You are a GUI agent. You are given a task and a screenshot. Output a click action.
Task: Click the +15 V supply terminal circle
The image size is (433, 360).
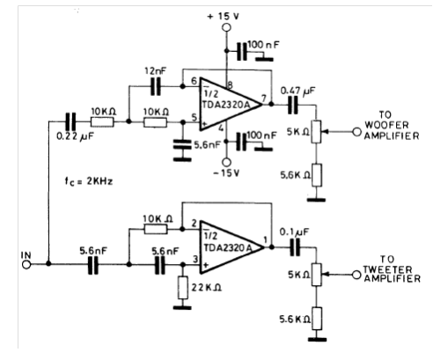(x=226, y=27)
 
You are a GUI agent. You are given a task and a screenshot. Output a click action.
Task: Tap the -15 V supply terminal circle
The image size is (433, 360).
(x=226, y=162)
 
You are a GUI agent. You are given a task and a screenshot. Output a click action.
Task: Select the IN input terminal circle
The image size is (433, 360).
(x=26, y=265)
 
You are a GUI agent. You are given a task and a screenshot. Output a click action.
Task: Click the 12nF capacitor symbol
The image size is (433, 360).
(x=156, y=86)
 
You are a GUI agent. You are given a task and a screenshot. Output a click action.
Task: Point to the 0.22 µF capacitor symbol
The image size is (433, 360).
(x=70, y=121)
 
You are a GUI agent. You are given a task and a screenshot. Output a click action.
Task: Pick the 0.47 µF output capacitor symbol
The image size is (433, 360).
(x=292, y=105)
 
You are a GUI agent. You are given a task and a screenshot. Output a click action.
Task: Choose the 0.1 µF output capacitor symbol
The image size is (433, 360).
(x=295, y=247)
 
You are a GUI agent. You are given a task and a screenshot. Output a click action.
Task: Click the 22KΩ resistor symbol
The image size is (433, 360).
(x=183, y=288)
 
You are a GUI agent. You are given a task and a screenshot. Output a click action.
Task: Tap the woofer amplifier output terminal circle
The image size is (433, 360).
(x=356, y=132)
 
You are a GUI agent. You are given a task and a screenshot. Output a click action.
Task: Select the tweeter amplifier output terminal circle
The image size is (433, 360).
(x=356, y=275)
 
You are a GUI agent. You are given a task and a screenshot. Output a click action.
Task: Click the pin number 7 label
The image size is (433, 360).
(x=264, y=98)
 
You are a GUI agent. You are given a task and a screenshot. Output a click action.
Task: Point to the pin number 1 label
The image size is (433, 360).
(x=266, y=240)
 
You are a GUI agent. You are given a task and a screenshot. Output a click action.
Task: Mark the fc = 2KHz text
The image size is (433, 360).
(x=89, y=181)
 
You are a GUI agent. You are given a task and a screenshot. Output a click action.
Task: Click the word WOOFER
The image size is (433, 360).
(x=386, y=125)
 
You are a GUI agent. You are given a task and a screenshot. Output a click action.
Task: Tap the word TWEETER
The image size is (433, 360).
(x=387, y=269)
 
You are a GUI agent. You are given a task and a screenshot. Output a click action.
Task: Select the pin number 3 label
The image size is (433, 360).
(x=195, y=260)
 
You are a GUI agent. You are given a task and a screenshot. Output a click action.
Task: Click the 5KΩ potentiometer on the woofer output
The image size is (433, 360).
(x=316, y=132)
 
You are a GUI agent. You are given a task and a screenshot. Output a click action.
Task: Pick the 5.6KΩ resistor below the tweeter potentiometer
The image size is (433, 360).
(x=317, y=319)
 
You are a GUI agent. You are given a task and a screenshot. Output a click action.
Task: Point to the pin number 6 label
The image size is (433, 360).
(x=194, y=81)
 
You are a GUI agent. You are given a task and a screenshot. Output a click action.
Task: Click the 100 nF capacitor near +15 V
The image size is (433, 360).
(x=242, y=51)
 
